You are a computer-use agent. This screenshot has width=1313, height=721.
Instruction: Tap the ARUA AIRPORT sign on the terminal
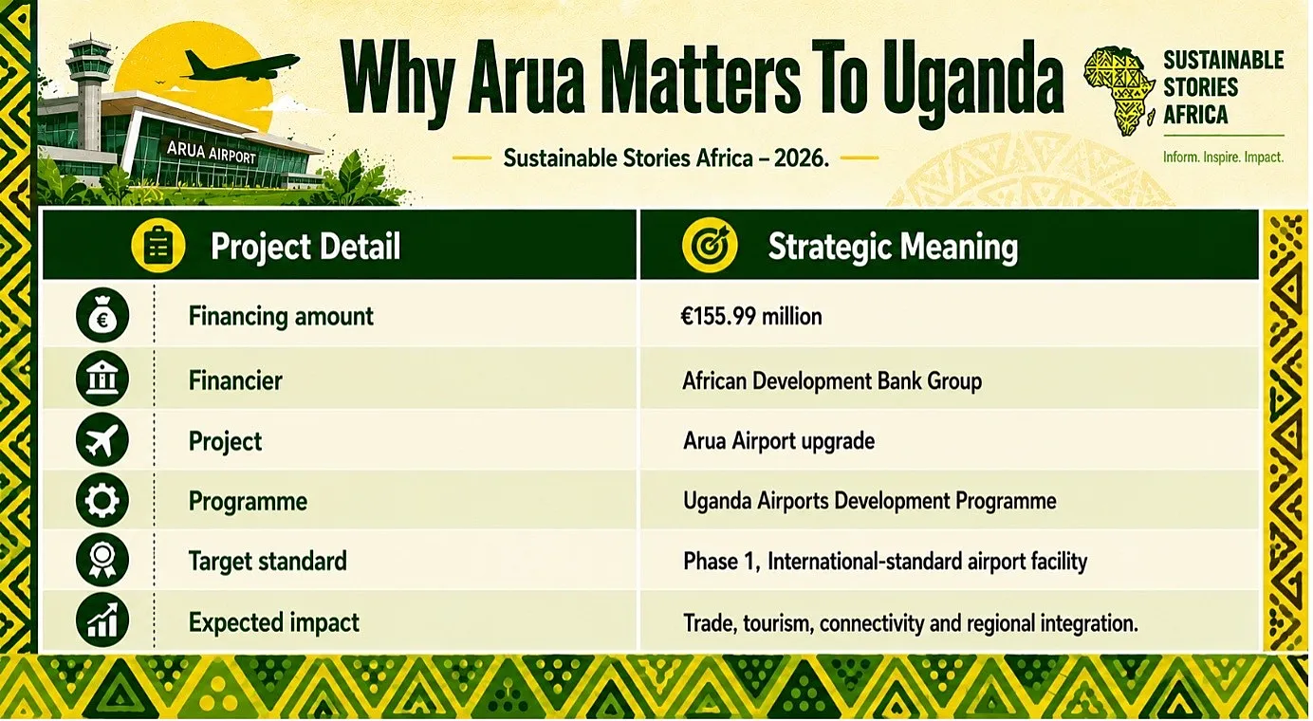coord(211,152)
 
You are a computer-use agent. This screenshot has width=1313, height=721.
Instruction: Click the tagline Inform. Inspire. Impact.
coord(1223,157)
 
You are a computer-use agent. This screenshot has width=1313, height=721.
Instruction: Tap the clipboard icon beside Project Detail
coord(158,247)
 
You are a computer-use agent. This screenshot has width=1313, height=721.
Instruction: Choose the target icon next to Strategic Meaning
coord(710,246)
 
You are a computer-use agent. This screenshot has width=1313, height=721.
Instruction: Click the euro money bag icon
coord(102,316)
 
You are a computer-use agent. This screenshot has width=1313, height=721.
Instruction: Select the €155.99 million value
coord(750,317)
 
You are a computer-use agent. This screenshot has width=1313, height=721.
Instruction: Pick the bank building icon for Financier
coord(102,379)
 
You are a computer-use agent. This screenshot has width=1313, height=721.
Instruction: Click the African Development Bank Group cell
coord(832,381)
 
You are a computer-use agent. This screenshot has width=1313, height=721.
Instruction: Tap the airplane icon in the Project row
coord(102,439)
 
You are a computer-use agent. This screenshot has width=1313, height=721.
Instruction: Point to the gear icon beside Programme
coord(102,500)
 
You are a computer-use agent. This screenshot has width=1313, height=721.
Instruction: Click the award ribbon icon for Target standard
coord(102,560)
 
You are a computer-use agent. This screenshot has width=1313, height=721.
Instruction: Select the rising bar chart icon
coord(102,620)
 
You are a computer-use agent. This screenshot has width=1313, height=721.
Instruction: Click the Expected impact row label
coord(274,622)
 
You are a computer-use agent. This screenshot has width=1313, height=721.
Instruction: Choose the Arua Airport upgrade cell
coord(779,441)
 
